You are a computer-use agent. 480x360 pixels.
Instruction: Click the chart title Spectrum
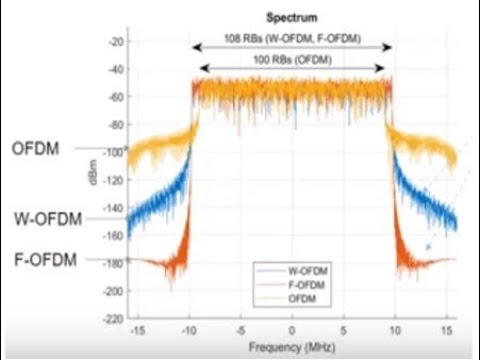(x=291, y=18)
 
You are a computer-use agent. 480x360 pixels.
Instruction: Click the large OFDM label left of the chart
(x=36, y=150)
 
